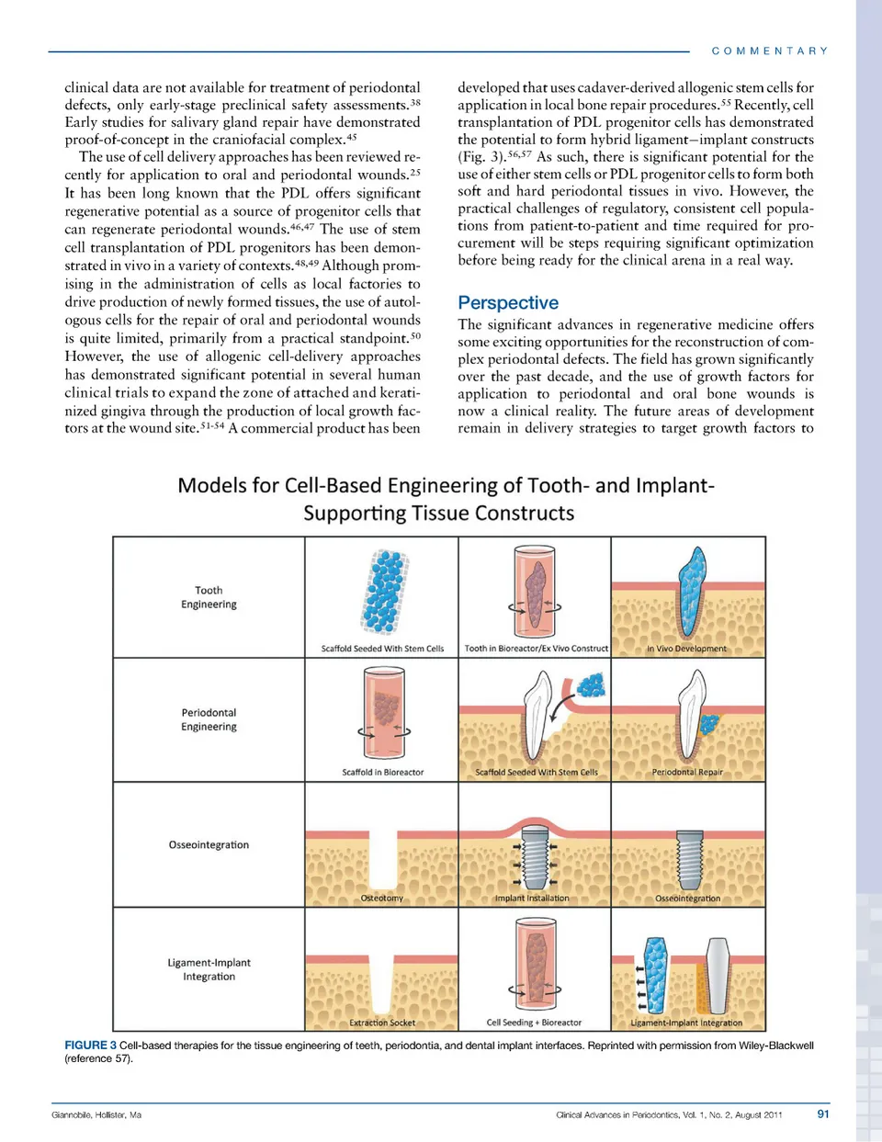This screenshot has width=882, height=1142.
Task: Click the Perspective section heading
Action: click(507, 302)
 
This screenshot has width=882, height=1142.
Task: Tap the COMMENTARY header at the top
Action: click(770, 51)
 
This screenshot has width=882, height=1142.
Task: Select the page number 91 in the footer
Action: click(822, 1114)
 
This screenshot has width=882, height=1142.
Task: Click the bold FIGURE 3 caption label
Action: click(90, 1045)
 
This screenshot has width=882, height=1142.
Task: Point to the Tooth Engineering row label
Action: click(209, 597)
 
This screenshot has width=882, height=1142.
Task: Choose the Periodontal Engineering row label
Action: click(209, 719)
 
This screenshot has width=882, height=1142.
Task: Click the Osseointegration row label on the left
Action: click(209, 844)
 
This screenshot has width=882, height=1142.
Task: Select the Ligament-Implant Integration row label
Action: click(209, 969)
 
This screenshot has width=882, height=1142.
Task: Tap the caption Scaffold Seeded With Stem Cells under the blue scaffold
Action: click(382, 649)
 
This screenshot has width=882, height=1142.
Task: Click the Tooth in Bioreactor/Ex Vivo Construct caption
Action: click(536, 649)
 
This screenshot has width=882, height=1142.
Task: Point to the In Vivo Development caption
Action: click(686, 649)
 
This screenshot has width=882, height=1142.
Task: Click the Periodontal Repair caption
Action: click(687, 773)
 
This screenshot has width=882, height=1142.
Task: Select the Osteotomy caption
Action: click(382, 899)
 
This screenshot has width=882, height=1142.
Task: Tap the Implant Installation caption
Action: click(532, 899)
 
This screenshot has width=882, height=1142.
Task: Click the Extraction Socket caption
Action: click(382, 1023)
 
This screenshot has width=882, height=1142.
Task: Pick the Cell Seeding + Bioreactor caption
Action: click(534, 1023)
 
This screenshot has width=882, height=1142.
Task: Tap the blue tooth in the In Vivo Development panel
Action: click(693, 588)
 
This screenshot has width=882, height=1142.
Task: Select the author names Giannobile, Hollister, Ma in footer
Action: click(96, 1114)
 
